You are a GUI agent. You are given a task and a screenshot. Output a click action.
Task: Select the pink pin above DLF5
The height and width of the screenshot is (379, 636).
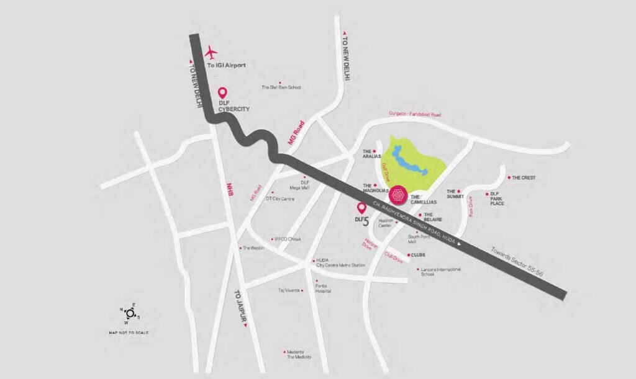pos(361,208)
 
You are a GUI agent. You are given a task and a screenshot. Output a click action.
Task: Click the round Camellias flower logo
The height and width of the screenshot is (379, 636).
pos(398,195)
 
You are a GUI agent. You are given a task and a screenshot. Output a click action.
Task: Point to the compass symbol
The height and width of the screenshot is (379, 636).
pos(129,313)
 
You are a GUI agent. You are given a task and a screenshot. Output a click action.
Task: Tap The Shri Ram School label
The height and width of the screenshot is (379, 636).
pos(281,87)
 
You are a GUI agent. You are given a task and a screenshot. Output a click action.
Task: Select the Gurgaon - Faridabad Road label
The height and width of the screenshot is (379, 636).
pos(414,114)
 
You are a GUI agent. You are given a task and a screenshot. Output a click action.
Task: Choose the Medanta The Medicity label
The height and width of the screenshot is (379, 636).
pos(299,354)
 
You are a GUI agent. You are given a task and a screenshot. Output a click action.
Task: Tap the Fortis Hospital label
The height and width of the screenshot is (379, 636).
pos(323,288)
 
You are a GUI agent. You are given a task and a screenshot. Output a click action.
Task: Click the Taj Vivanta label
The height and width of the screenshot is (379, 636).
pos(289,290)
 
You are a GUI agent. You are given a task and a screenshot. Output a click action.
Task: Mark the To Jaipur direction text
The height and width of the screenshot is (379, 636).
pos(241,306)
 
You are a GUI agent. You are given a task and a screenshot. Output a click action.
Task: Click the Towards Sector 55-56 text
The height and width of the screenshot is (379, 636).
pos(517,259)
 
